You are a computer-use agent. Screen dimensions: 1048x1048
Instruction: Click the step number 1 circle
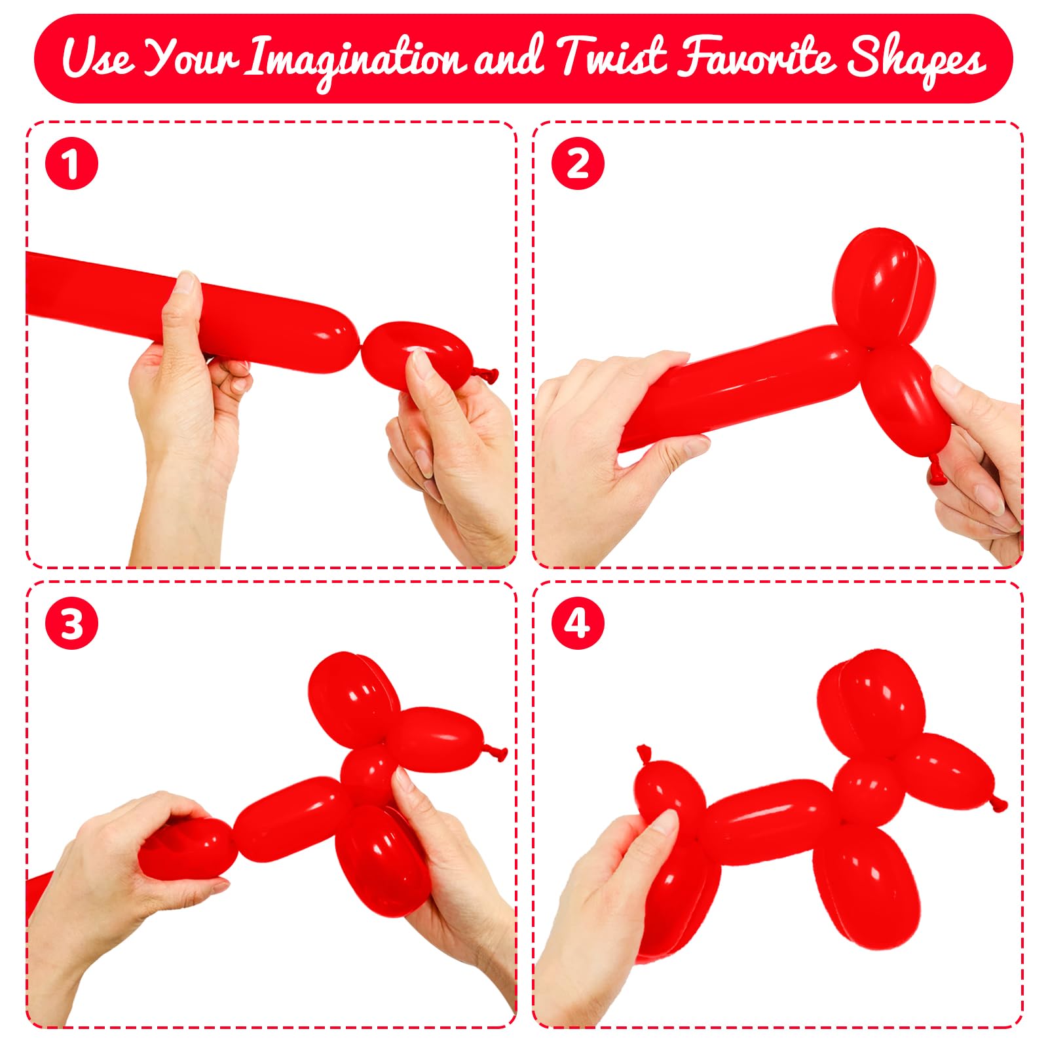pos(71,164)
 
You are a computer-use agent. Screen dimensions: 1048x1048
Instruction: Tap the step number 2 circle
pos(577,164)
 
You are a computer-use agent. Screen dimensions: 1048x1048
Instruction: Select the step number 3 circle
pos(71,623)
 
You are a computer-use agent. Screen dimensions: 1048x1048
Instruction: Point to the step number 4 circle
pos(577,623)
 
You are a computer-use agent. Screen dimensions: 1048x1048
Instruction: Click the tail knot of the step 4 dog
pos(645,754)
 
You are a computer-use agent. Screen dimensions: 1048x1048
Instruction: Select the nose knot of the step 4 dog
pos(998,802)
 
